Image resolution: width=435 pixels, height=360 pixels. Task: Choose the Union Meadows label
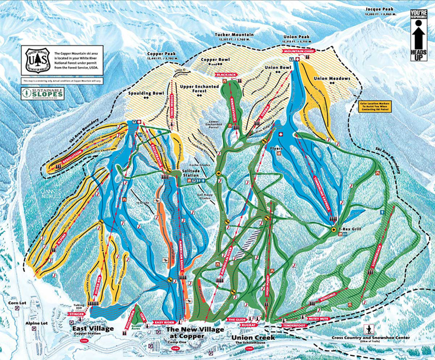pyautogui.click(x=332, y=78)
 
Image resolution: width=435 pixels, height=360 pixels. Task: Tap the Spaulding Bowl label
pyautogui.click(x=132, y=94)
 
